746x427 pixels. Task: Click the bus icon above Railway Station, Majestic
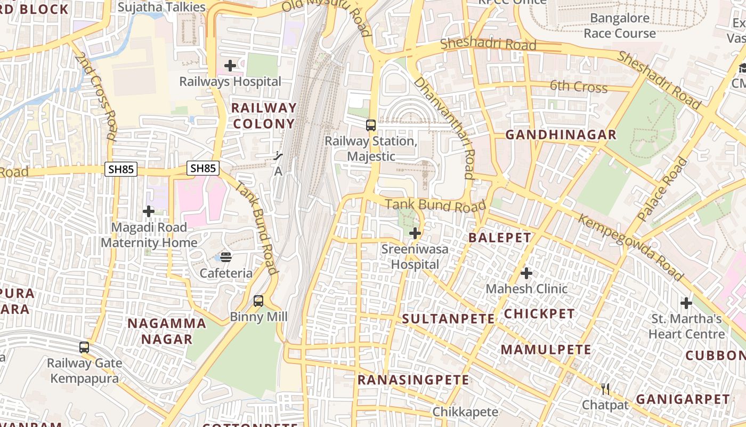tap(371, 125)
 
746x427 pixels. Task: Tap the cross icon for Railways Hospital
tap(230, 66)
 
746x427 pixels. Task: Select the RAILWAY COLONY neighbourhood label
tap(263, 116)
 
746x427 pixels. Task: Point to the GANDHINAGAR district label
tap(561, 135)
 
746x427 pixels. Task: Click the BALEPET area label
tap(500, 238)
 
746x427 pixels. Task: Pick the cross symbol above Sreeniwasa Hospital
tap(415, 233)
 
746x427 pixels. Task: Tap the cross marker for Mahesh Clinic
tap(526, 273)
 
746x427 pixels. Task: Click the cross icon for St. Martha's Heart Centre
tap(686, 304)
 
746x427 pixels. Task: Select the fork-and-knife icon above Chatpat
tap(605, 389)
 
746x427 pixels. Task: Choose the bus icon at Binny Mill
tap(258, 301)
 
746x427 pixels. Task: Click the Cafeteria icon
tap(226, 257)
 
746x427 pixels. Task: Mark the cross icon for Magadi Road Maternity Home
tap(149, 212)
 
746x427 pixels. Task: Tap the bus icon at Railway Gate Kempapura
tap(84, 347)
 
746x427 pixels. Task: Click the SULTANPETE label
tap(448, 319)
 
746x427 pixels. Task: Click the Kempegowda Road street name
tap(631, 248)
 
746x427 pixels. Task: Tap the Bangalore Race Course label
tap(620, 26)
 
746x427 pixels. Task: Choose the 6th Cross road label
tap(578, 86)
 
